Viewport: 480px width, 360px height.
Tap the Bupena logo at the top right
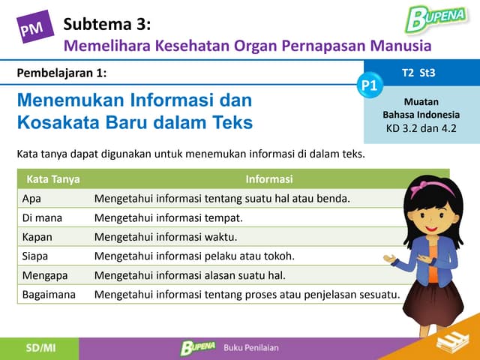coord(435,17)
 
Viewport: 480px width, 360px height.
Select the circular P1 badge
coord(369,85)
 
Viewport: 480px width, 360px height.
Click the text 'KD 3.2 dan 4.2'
coord(421,127)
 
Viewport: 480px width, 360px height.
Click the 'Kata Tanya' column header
coord(53,179)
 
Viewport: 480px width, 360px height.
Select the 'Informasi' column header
coord(268,179)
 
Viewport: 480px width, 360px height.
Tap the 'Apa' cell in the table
coord(31,199)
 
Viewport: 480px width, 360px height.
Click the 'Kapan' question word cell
coord(37,237)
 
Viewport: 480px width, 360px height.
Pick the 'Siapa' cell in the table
coord(35,256)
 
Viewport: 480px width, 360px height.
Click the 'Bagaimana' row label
coord(49,295)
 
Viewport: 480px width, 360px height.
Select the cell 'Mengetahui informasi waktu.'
coord(165,237)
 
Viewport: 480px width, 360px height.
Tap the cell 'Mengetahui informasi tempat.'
coord(168,218)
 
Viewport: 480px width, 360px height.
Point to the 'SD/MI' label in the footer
coord(39,348)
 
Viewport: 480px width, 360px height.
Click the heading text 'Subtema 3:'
coord(107,24)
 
